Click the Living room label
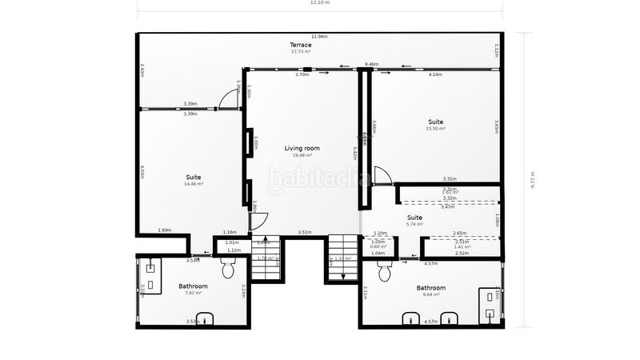pyautogui.click(x=302, y=148)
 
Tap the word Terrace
pyautogui.click(x=301, y=45)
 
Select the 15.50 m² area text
pyautogui.click(x=435, y=129)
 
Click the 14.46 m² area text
pyautogui.click(x=194, y=184)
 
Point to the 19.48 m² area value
pyautogui.click(x=302, y=155)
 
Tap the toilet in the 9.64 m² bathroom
pyautogui.click(x=383, y=273)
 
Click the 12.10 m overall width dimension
pyautogui.click(x=320, y=3)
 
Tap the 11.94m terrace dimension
pyautogui.click(x=319, y=37)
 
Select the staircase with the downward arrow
pyautogui.click(x=342, y=259)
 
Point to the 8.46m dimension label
pyautogui.click(x=371, y=64)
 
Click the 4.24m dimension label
pyautogui.click(x=435, y=75)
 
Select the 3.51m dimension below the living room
pyautogui.click(x=304, y=232)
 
